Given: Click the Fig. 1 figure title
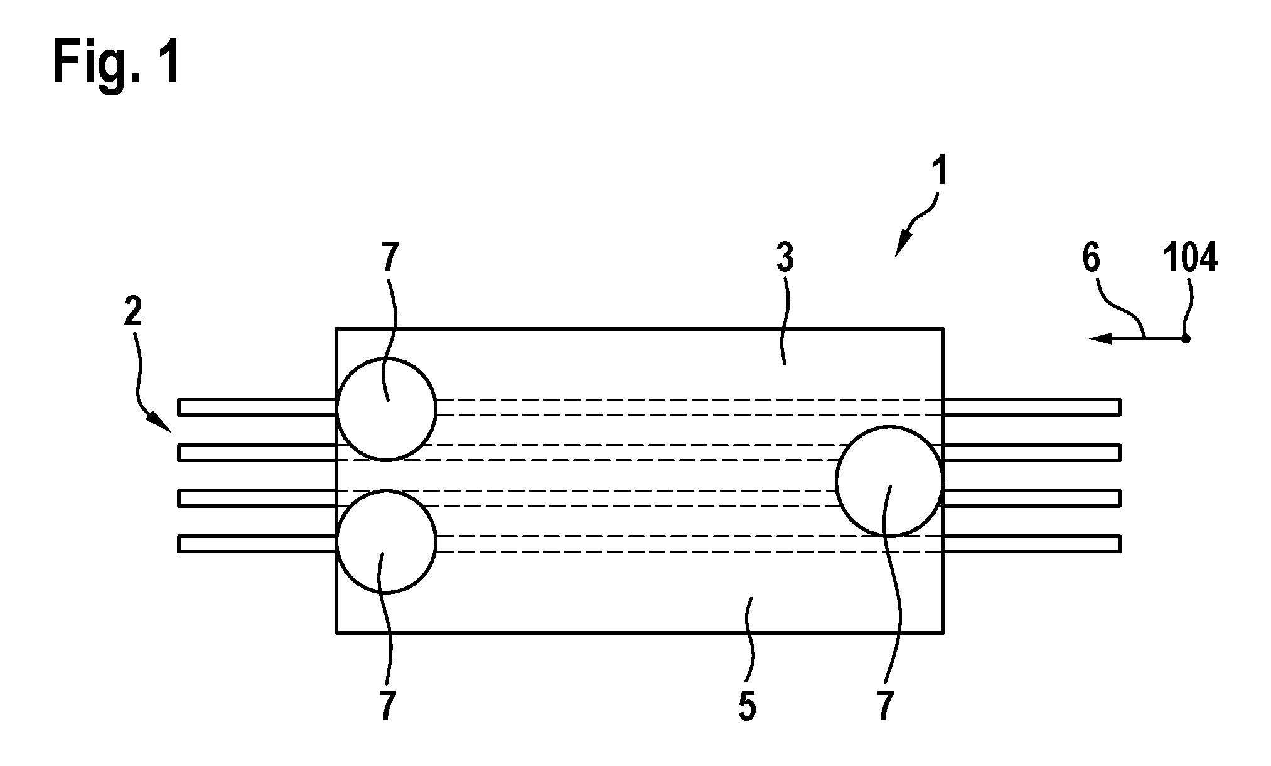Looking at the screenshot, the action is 117,61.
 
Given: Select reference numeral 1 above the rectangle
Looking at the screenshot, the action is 939,165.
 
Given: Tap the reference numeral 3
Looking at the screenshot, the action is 785,257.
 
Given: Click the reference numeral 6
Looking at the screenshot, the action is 1091,257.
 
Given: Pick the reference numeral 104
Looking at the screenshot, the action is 1190,257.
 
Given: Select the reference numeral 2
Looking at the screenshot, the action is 133,313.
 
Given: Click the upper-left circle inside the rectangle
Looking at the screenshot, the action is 386,360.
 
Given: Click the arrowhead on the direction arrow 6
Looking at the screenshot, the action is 1100,339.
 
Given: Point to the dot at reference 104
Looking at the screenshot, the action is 1186,339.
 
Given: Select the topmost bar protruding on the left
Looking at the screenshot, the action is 257,407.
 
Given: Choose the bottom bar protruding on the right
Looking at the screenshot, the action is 1031,543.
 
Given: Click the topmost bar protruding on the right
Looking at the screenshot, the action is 1031,407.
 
